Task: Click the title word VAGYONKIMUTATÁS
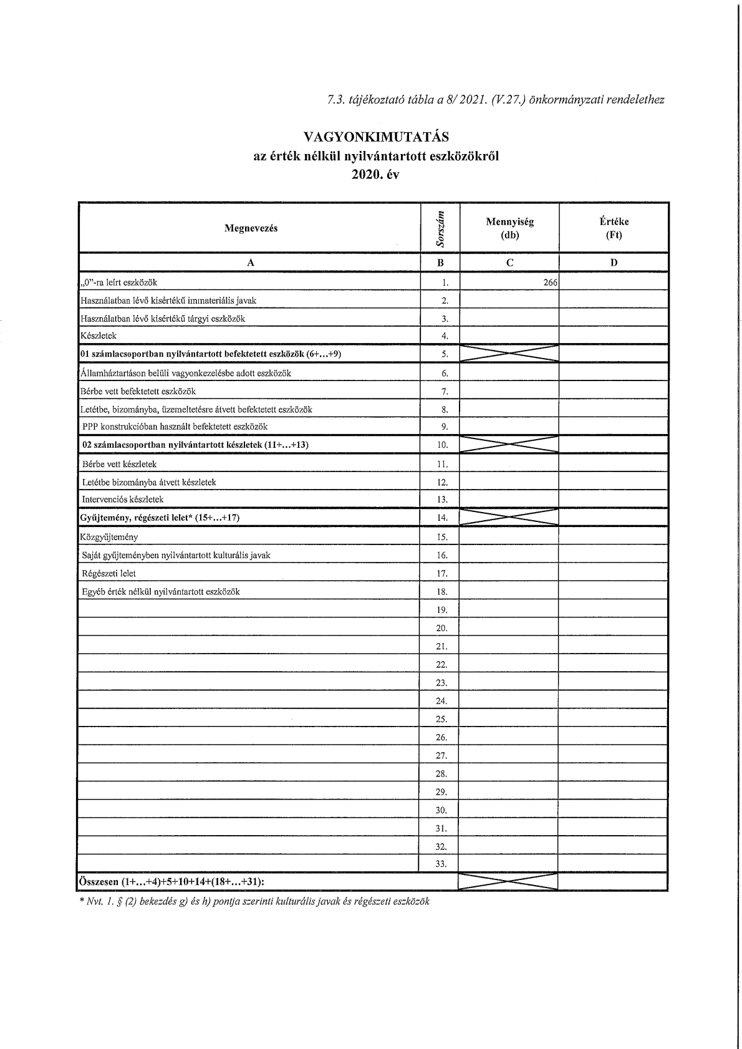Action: [x=375, y=137]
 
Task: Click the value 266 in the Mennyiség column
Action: [x=550, y=283]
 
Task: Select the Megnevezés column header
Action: [x=251, y=228]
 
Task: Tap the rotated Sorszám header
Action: [x=441, y=228]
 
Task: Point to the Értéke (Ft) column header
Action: [x=614, y=228]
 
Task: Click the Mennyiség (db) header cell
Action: [x=509, y=228]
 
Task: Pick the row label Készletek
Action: [x=99, y=336]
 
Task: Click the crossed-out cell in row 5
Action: [x=509, y=354]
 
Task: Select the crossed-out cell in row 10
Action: [x=509, y=445]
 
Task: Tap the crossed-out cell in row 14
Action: [x=509, y=518]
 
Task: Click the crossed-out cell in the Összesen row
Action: [x=508, y=882]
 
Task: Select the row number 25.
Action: [x=441, y=719]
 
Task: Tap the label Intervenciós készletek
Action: [x=123, y=500]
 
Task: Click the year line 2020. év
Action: [x=375, y=175]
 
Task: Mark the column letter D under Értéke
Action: [x=614, y=263]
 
